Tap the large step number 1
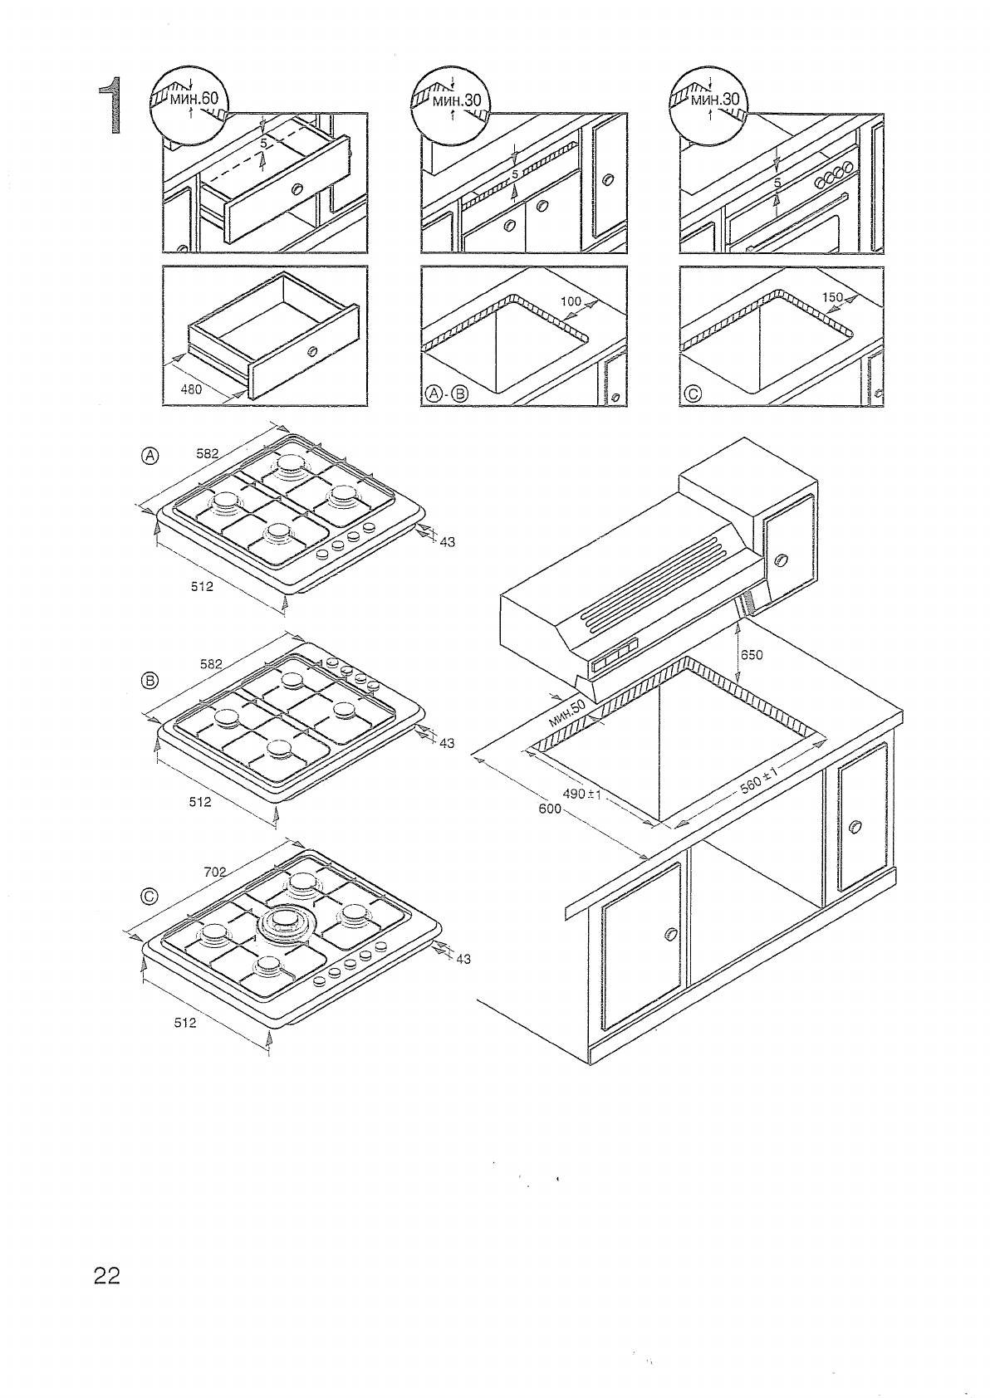click(111, 105)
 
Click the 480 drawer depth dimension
click(192, 388)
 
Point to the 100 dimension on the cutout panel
click(571, 301)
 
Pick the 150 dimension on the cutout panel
click(832, 297)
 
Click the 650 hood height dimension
click(751, 654)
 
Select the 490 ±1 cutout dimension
click(581, 794)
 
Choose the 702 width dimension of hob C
click(215, 872)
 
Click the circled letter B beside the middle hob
click(149, 681)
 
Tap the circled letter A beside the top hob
click(149, 455)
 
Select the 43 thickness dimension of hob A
click(447, 542)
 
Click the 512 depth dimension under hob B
click(200, 802)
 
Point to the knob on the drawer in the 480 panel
click(311, 352)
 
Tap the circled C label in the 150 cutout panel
click(692, 394)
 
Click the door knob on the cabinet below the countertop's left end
click(670, 936)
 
